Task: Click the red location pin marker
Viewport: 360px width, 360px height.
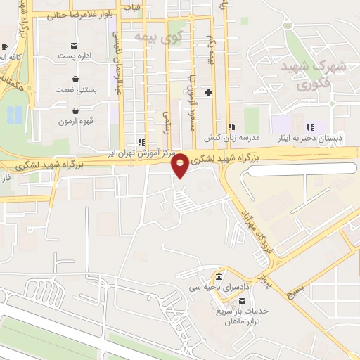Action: tap(181, 164)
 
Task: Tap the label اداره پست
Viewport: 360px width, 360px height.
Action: tap(75, 55)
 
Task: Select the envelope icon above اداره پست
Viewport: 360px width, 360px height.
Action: tap(75, 45)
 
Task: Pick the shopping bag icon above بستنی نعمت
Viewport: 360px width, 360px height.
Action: tap(75, 79)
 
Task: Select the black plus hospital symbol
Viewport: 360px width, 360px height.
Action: tap(208, 92)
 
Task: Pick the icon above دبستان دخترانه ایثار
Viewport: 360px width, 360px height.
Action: tap(309, 127)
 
